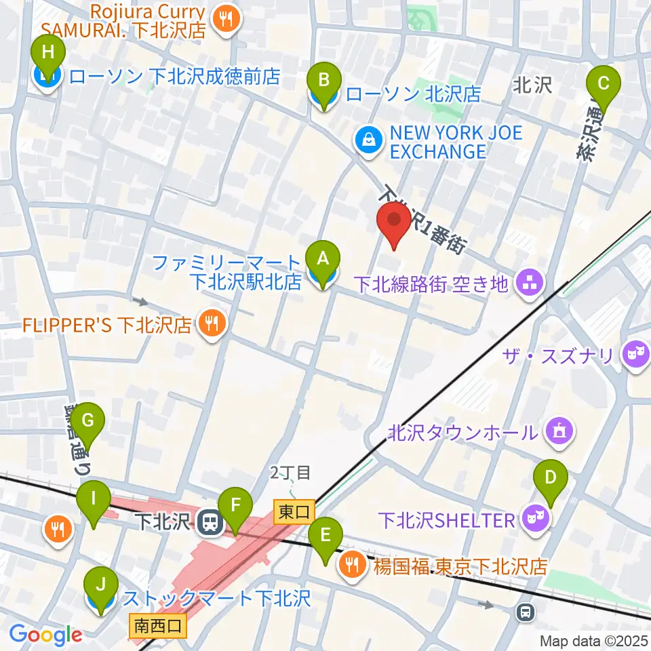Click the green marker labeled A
click(x=323, y=259)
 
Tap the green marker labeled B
click(x=324, y=81)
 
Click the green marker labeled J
click(x=100, y=586)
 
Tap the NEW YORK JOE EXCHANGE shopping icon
click(x=368, y=141)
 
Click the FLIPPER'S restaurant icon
click(x=211, y=324)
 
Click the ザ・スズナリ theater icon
click(x=635, y=356)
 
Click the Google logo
click(x=45, y=635)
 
